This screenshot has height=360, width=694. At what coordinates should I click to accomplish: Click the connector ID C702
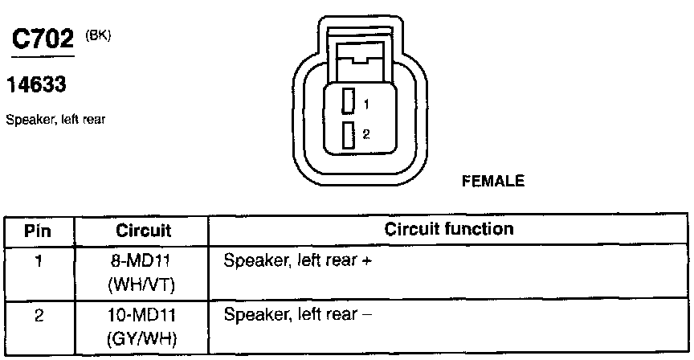[41, 43]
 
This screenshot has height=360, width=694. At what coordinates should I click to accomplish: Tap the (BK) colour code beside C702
[97, 35]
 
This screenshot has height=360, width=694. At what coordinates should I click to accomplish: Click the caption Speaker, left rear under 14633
[56, 120]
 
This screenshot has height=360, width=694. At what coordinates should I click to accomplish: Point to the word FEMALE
[493, 182]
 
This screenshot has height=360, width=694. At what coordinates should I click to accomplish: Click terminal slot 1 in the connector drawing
[348, 101]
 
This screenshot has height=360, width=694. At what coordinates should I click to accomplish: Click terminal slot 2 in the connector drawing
[348, 135]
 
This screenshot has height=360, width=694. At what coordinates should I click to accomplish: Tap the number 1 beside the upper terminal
[365, 104]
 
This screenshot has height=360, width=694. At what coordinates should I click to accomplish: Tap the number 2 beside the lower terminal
[365, 135]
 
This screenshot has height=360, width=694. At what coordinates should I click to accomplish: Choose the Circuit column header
[141, 231]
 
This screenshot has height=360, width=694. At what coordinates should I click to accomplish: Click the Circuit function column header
[448, 229]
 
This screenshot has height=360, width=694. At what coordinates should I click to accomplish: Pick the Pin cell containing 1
[39, 262]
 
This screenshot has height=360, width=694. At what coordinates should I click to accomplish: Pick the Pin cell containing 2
[39, 314]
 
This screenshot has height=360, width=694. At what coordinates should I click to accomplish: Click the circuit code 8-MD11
[141, 262]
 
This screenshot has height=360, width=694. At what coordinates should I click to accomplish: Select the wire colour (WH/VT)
[141, 284]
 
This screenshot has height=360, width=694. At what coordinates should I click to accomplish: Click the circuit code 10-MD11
[141, 315]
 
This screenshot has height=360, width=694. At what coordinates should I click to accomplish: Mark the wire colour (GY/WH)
[141, 338]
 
